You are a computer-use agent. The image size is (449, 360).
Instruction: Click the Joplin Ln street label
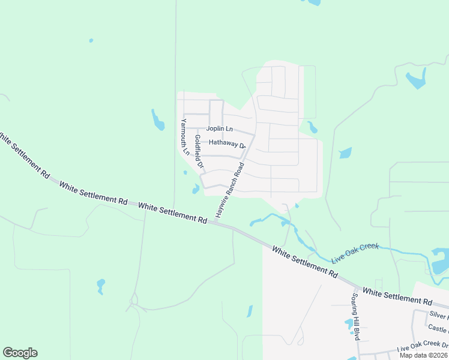[x=219, y=128]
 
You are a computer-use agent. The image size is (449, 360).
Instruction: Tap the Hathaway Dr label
[x=228, y=143]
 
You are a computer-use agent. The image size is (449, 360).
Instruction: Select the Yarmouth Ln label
[x=185, y=137]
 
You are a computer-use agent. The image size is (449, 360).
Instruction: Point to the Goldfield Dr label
[x=199, y=152]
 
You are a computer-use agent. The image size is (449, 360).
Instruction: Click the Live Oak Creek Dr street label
[x=423, y=347]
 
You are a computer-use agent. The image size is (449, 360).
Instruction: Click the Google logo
[x=20, y=353]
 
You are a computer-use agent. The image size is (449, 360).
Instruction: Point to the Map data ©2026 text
[x=423, y=355]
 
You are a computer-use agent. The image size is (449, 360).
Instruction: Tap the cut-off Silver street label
[x=438, y=315]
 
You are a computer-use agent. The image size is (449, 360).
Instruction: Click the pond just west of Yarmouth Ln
[x=158, y=121]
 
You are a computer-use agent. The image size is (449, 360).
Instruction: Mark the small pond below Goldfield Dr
[x=196, y=190]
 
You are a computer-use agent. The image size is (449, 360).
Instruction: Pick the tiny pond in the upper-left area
[x=91, y=41]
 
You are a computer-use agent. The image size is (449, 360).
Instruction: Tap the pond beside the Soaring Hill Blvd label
[x=349, y=325]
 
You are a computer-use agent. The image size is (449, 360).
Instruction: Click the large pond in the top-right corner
[x=416, y=79]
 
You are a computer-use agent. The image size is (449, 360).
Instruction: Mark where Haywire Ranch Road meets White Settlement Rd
[x=214, y=223]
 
